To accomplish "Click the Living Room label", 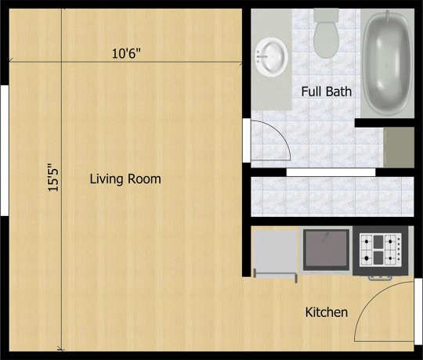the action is [125, 179].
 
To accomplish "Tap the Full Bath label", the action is [327, 92].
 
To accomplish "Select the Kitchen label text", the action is [327, 312].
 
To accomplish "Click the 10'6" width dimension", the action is [126, 53].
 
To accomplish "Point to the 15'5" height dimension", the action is [53, 177].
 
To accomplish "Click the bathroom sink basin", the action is [270, 57].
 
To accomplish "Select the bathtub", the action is [387, 63].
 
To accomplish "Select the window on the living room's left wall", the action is [5, 150].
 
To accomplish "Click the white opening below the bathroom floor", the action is [331, 172].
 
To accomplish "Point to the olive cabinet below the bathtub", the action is [399, 147].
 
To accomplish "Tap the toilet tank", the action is [326, 15].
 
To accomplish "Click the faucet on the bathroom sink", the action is [262, 56].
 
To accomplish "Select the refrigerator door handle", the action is [275, 275].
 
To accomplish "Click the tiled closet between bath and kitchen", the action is [332, 196].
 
